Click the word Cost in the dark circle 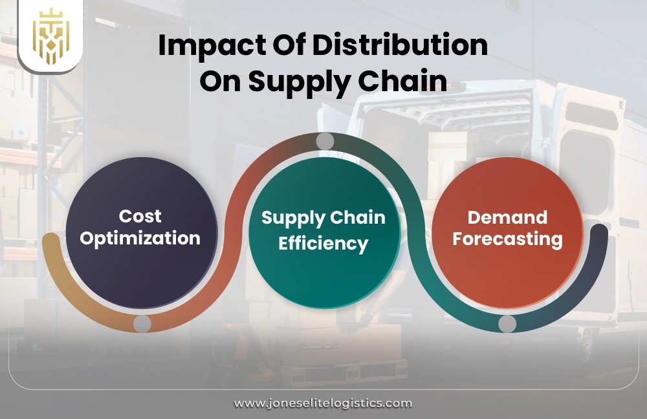140,216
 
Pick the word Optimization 140,237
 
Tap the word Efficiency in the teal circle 323,244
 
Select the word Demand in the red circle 507,217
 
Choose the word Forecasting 507,239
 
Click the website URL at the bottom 323,403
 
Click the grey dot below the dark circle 142,323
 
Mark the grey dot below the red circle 507,323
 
